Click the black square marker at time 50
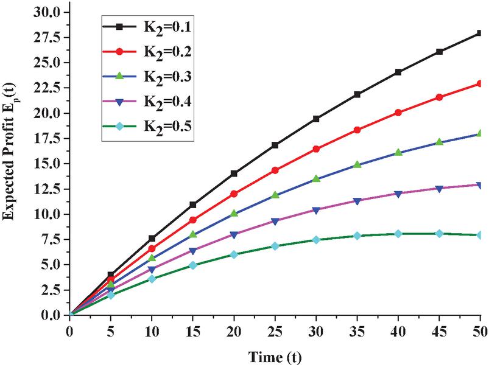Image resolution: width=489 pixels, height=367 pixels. (x=480, y=33)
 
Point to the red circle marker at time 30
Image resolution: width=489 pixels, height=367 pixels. (x=316, y=149)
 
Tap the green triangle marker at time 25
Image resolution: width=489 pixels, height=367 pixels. (x=275, y=195)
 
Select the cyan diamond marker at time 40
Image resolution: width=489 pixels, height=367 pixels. (x=398, y=234)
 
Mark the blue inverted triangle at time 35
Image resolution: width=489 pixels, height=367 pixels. (x=357, y=201)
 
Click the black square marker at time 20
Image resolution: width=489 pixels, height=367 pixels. (x=234, y=173)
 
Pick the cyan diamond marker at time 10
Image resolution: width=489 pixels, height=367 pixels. (x=152, y=279)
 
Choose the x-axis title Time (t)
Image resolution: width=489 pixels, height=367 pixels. (x=275, y=355)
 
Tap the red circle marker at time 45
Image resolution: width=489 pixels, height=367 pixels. (x=439, y=97)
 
